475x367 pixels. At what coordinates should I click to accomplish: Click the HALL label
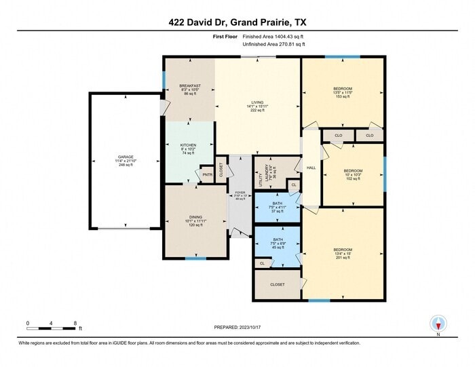pyautogui.click(x=311, y=168)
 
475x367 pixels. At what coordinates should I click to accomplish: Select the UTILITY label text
pyautogui.click(x=261, y=180)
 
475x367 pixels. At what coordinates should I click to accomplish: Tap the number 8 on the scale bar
pyautogui.click(x=75, y=323)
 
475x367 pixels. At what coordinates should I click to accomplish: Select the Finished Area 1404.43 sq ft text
pyautogui.click(x=273, y=36)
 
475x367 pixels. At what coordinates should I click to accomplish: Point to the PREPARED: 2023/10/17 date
pyautogui.click(x=237, y=328)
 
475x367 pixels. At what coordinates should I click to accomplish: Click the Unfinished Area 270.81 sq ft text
pyautogui.click(x=273, y=44)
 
